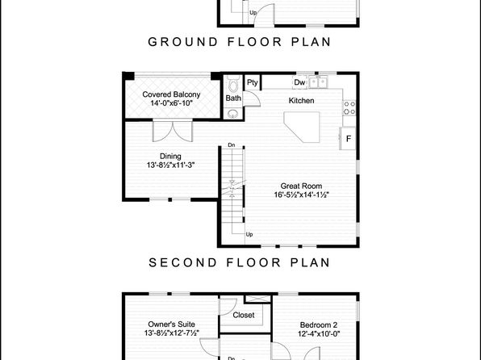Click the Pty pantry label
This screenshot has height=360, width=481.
click(x=253, y=82)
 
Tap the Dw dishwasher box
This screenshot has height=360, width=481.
click(x=299, y=82)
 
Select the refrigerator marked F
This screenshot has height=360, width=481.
click(x=348, y=138)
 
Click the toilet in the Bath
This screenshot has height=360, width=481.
click(x=234, y=83)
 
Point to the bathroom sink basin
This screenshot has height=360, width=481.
click(x=233, y=114)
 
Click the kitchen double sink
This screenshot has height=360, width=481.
click(x=318, y=82)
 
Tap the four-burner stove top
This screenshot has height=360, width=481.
click(x=349, y=107)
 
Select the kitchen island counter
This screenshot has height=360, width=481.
click(x=302, y=127)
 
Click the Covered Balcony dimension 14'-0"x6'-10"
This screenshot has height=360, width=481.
click(x=171, y=103)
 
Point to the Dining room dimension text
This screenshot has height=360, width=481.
click(x=170, y=165)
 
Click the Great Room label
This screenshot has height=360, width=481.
click(x=301, y=186)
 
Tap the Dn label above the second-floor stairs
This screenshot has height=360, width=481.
click(x=232, y=144)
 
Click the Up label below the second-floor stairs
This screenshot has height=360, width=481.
click(x=249, y=234)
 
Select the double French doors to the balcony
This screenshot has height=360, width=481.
click(x=173, y=131)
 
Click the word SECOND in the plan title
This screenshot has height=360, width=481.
click(x=183, y=262)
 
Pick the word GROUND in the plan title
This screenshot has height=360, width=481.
click(x=183, y=42)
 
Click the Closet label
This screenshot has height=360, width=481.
click(x=243, y=315)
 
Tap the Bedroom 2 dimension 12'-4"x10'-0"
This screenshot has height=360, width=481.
click(x=319, y=334)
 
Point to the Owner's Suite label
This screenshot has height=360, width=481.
click(x=171, y=324)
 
